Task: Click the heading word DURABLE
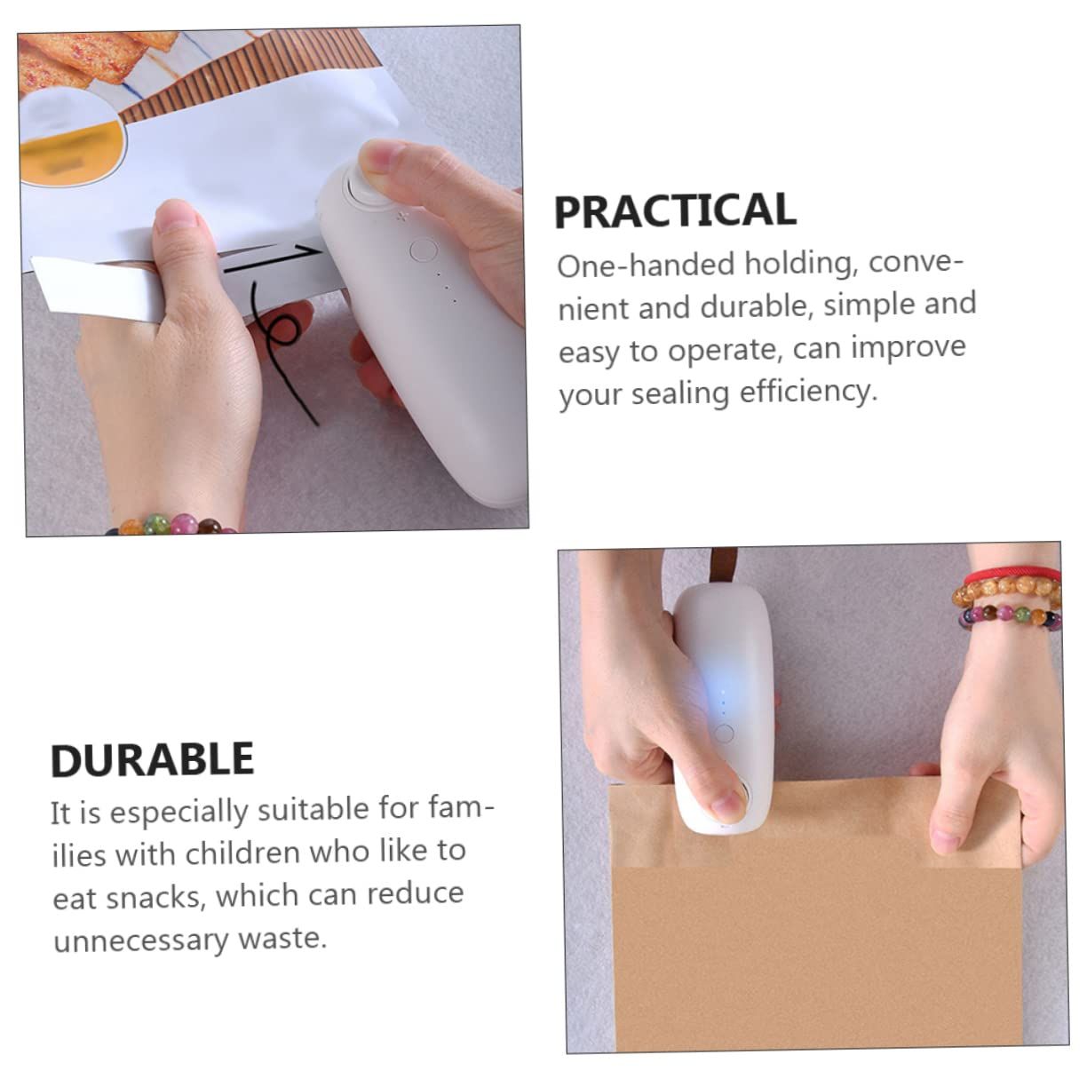coord(152,760)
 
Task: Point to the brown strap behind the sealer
coord(724,566)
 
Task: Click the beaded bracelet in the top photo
coord(171,524)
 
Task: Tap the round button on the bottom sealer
coord(725,734)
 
